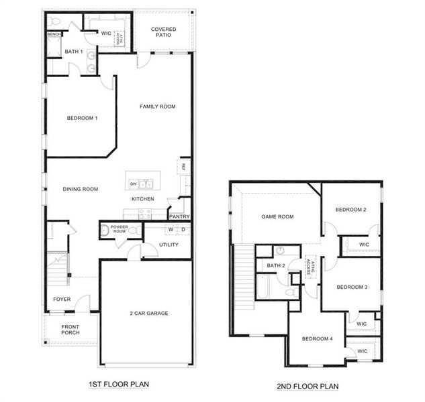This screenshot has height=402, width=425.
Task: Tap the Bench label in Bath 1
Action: [x=54, y=34]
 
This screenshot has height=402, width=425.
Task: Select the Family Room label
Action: [x=157, y=107]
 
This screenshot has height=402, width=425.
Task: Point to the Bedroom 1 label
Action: [x=82, y=119]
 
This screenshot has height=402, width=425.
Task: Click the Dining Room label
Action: [x=81, y=190]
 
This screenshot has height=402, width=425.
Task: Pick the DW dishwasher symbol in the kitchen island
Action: [x=134, y=184]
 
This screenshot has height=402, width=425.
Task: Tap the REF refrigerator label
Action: [x=182, y=167]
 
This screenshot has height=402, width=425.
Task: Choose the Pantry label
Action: [x=179, y=216]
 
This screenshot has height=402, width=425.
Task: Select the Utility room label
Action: [x=169, y=245]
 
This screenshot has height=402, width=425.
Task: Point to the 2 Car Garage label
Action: [x=148, y=313]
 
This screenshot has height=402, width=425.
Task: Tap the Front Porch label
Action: [x=70, y=330]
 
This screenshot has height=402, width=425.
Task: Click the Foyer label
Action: [x=62, y=299]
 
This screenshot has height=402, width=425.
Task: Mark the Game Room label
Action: [x=278, y=216]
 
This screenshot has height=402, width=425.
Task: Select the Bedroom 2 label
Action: [x=350, y=210]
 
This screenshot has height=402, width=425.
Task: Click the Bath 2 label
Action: [x=276, y=266]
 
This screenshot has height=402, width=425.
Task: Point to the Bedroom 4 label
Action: [x=317, y=338]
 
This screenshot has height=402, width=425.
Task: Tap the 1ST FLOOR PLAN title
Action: [x=118, y=385]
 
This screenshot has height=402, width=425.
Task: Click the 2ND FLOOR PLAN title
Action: [x=308, y=387]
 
